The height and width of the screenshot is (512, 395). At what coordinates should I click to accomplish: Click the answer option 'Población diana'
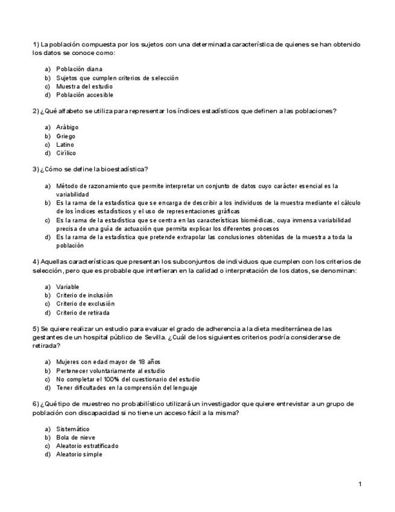(x=79, y=69)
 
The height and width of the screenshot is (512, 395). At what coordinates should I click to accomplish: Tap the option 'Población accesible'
(x=84, y=95)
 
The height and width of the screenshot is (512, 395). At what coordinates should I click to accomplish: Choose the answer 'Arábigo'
(x=67, y=127)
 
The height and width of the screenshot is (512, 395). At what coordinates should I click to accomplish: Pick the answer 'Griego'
(x=66, y=136)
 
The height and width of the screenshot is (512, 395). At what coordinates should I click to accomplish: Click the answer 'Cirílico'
(x=66, y=153)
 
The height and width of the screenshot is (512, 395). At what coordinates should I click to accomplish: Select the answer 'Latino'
(x=65, y=145)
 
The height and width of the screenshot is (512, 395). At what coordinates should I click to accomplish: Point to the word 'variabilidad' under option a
(x=72, y=195)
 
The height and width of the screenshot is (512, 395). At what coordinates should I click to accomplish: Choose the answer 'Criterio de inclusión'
(x=84, y=295)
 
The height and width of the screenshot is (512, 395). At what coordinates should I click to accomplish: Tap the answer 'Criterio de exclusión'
(x=85, y=304)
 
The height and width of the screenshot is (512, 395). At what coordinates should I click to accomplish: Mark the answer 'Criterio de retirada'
(x=83, y=313)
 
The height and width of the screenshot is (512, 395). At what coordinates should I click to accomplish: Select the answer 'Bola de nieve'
(x=75, y=437)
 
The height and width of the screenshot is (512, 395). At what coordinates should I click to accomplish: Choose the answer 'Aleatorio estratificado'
(x=87, y=446)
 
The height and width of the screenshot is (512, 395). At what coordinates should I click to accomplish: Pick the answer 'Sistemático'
(x=72, y=429)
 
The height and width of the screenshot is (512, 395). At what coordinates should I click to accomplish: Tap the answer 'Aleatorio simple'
(x=79, y=454)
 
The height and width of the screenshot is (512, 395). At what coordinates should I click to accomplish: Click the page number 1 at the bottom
(x=359, y=484)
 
